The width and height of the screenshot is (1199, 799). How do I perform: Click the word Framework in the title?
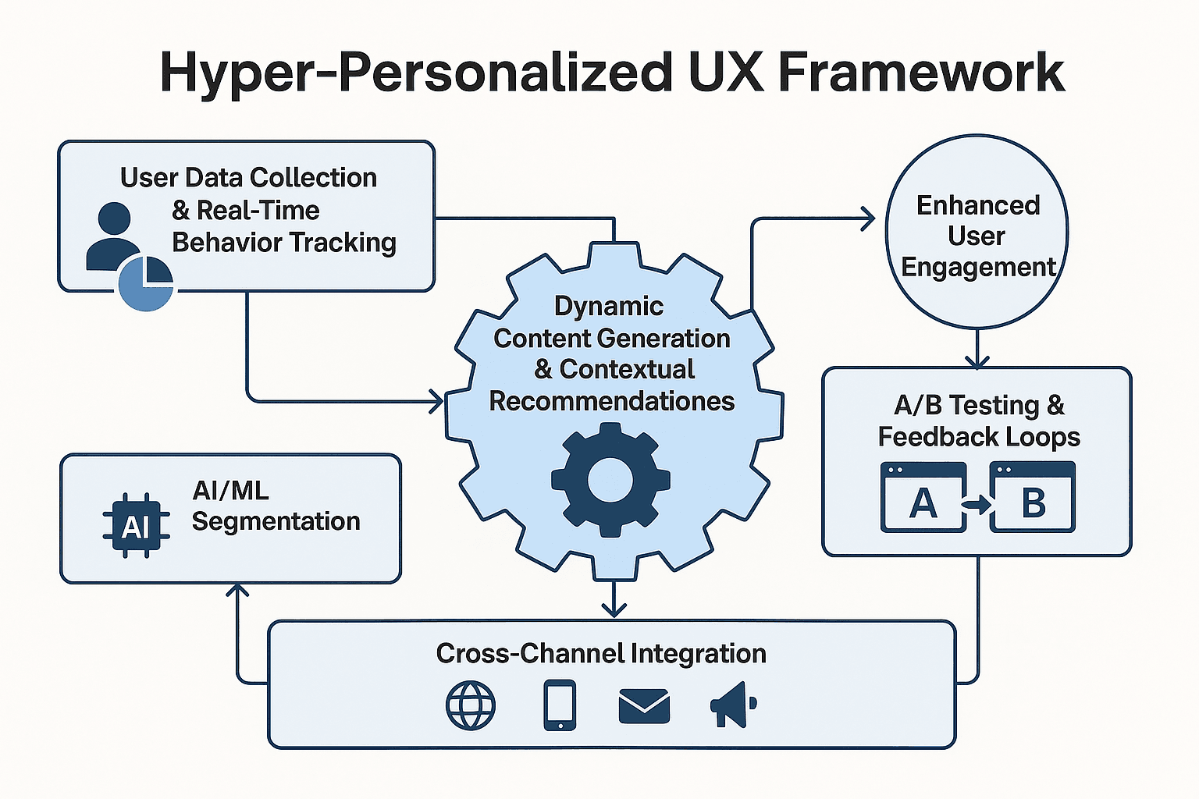[921, 73]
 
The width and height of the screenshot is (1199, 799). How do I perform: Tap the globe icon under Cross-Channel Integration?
[470, 705]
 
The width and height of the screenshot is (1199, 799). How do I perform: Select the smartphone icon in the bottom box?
[559, 705]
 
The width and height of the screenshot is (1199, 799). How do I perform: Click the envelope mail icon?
[644, 705]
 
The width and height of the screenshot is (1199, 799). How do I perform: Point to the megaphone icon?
[732, 705]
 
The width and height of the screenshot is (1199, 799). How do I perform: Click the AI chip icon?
[136, 527]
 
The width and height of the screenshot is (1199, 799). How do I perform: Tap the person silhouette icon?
[114, 236]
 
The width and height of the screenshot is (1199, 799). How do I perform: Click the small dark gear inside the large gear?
[610, 479]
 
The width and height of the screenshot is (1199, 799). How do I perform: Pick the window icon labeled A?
[923, 498]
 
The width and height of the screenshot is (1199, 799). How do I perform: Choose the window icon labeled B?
[1032, 498]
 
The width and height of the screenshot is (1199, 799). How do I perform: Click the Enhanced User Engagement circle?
[977, 232]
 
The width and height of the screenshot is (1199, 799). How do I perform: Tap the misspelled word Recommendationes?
[612, 401]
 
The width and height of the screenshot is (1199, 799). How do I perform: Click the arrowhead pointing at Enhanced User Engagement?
[868, 219]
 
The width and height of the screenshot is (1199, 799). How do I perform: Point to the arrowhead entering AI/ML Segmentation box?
[237, 591]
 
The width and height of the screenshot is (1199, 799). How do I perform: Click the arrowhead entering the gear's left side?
[436, 402]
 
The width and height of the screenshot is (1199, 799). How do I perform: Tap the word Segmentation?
[276, 521]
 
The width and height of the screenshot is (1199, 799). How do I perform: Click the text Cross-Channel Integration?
[601, 653]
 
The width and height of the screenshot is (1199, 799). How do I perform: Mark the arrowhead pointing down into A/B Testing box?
[977, 360]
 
